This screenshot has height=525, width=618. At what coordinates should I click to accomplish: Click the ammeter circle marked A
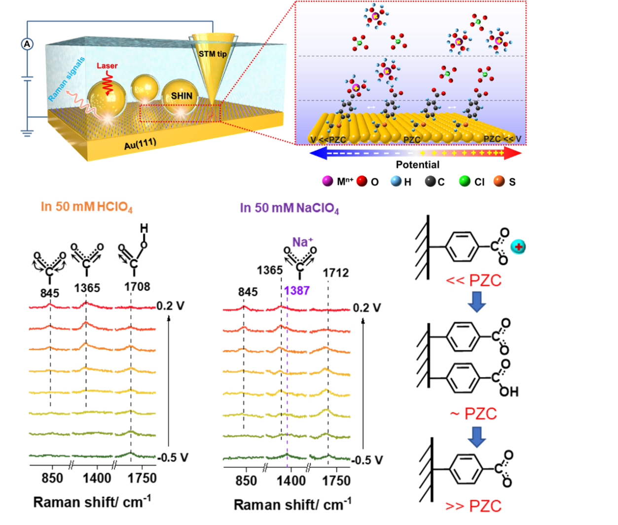27,44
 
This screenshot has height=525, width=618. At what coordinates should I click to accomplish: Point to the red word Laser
107,66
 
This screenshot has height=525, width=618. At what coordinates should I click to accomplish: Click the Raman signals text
66,79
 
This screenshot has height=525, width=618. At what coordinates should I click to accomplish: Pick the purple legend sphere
327,181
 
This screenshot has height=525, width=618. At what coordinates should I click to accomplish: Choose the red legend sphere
362,181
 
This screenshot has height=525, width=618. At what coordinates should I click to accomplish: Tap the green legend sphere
465,181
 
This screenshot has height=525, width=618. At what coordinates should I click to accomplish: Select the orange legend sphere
499,181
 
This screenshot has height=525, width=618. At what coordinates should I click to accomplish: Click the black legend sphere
430,181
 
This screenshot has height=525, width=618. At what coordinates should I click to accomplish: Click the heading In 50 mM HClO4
87,207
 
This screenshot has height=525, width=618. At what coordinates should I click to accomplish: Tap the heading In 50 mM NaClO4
290,209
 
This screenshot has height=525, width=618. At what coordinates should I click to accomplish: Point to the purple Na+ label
302,242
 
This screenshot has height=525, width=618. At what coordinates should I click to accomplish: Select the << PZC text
473,281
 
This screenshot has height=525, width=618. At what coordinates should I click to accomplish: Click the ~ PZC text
473,414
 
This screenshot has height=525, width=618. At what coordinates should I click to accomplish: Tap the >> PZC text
473,506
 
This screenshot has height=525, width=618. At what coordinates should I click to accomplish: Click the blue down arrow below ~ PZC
476,437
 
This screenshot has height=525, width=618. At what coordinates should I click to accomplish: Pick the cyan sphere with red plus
517,247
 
